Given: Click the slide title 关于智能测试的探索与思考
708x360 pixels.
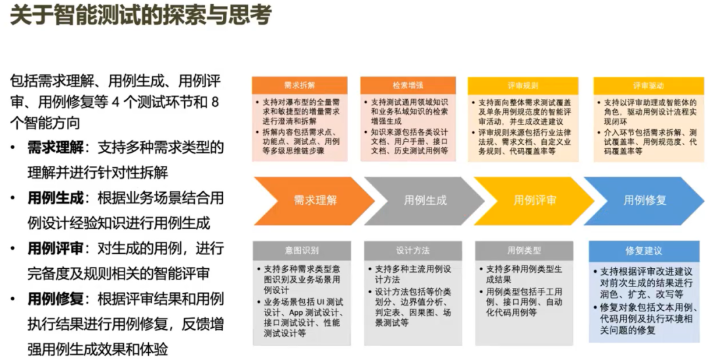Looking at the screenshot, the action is (x=140, y=16).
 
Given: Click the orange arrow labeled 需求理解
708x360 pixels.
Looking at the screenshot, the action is (x=315, y=200).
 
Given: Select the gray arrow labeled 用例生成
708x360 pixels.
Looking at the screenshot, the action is (x=425, y=200).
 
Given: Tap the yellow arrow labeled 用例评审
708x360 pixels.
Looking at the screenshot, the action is (x=535, y=200).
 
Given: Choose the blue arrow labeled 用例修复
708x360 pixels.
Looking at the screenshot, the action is (x=645, y=200).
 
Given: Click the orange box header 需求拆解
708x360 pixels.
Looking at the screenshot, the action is (x=300, y=86).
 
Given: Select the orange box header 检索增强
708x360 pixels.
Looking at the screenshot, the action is (x=408, y=86).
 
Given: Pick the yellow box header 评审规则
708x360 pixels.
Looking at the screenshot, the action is (x=522, y=86).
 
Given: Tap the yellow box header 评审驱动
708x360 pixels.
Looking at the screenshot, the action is (x=648, y=86).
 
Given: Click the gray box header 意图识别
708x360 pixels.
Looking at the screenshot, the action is (x=302, y=250).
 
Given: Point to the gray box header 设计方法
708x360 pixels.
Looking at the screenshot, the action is (x=412, y=250).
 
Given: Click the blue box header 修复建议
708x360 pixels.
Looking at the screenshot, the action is (x=644, y=250).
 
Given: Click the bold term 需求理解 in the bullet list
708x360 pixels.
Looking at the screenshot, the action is (x=55, y=148).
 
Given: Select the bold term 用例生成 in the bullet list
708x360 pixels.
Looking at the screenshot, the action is (x=55, y=197).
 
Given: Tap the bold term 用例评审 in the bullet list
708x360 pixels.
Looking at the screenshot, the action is (x=55, y=249).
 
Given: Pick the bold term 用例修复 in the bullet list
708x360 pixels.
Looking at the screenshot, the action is (x=55, y=299).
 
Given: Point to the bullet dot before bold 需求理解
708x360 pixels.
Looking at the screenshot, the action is (x=14, y=148).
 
